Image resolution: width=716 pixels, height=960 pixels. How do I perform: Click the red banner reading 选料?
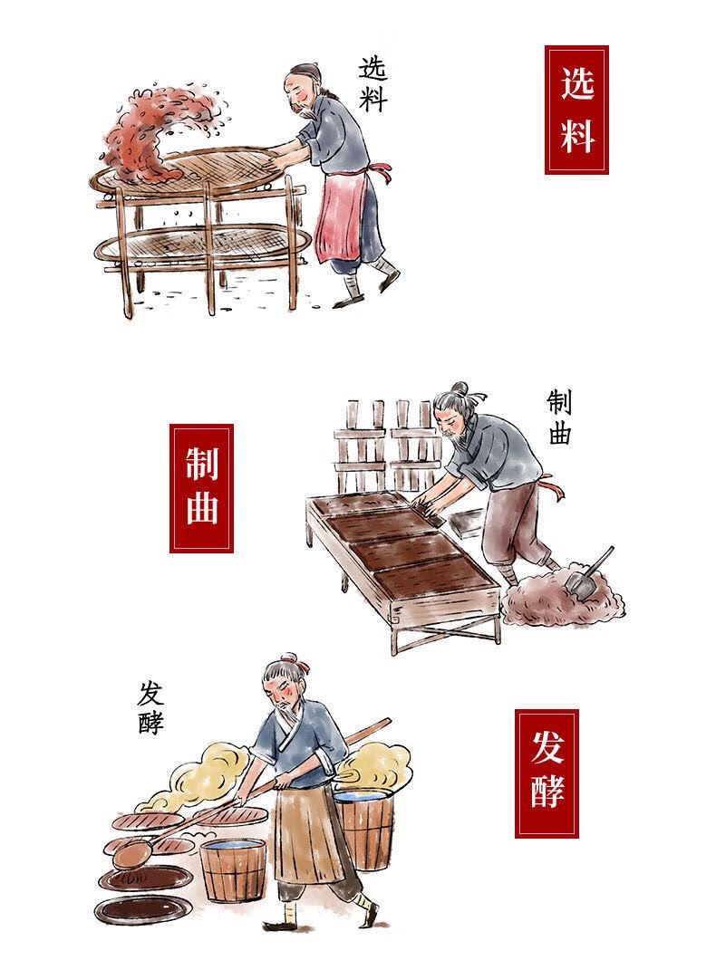576,110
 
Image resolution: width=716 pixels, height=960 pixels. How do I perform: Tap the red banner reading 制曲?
201,488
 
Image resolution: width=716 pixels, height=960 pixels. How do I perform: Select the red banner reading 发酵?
547,773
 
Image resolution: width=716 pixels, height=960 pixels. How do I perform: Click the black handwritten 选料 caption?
373,84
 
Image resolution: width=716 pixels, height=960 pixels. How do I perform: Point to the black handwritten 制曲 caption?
559,418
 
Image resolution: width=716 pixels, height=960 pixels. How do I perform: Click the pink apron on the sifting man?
343,215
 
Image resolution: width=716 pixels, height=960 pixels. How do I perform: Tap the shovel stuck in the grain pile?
588,572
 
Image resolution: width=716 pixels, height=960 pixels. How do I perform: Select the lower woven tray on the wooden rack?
199,245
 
